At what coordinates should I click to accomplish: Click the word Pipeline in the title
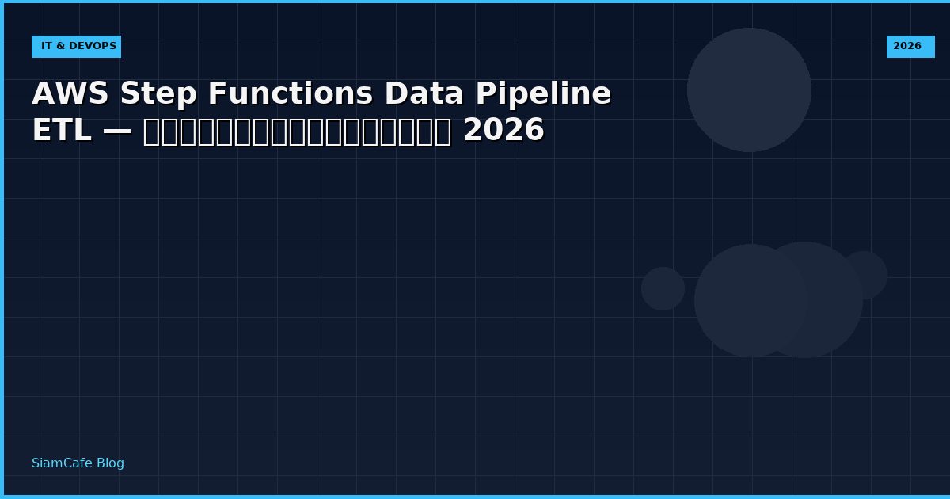pos(543,94)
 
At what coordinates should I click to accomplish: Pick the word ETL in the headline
pos(61,131)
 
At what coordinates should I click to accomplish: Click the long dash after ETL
pos(117,131)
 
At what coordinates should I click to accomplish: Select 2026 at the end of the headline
pos(503,131)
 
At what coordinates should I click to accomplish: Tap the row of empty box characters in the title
pos(297,131)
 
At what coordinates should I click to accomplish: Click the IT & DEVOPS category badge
pos(76,47)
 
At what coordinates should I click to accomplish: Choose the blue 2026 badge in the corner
pos(910,47)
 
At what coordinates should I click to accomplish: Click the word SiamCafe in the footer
pos(59,463)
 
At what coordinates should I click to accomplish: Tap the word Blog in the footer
pos(109,463)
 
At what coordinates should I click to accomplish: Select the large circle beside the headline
pos(749,90)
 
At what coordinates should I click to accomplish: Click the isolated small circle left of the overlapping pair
pos(663,288)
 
